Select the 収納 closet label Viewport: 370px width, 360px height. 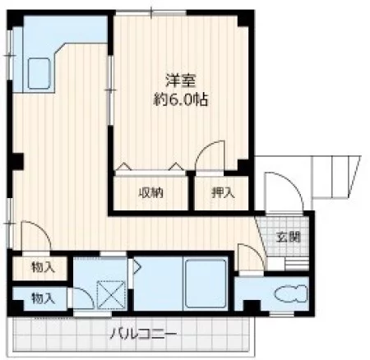pyautogui.click(x=150, y=194)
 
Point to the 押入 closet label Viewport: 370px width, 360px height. pyautogui.click(x=222, y=194)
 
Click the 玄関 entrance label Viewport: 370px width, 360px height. pyautogui.click(x=288, y=238)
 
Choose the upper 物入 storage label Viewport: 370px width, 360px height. pyautogui.click(x=43, y=268)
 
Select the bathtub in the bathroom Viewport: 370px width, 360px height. pyautogui.click(x=205, y=282)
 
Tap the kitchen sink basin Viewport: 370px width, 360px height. pyautogui.click(x=42, y=74)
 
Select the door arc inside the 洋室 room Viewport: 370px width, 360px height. pyautogui.click(x=213, y=156)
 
